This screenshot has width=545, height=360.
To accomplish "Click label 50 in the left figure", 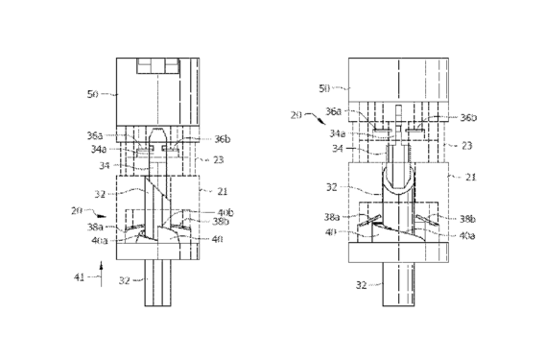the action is click(x=93, y=94).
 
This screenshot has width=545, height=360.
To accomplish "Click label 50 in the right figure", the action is click(x=324, y=88).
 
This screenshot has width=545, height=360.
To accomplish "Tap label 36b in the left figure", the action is click(x=222, y=139).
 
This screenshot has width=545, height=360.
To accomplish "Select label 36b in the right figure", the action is click(x=468, y=117).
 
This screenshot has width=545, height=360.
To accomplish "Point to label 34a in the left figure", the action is click(x=99, y=149).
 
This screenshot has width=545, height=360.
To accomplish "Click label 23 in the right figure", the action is click(x=466, y=145).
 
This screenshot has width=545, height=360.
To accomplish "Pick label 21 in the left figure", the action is click(x=223, y=191).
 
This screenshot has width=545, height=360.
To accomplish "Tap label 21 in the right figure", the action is click(x=470, y=177).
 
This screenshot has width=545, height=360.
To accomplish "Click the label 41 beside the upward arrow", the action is click(x=79, y=277).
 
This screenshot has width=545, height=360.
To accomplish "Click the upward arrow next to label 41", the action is click(x=101, y=275).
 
